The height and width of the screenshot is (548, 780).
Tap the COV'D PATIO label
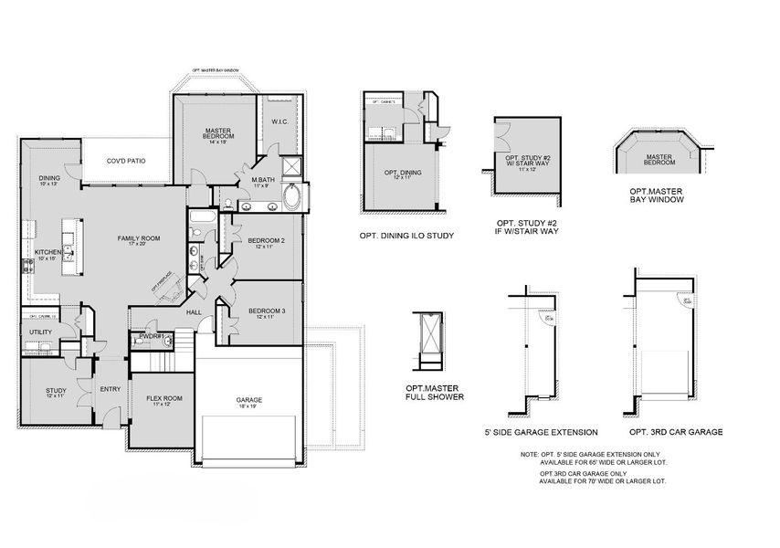(x=125, y=161)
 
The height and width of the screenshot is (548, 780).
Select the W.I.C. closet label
(x=280, y=121)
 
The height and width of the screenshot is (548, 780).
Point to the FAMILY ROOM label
(x=138, y=238)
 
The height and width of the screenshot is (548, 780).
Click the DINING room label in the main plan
(x=48, y=178)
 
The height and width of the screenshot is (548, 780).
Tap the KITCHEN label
(x=47, y=252)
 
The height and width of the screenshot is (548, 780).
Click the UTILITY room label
(x=40, y=332)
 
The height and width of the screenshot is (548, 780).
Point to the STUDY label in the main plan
(x=56, y=391)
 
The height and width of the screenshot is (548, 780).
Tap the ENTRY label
(x=110, y=389)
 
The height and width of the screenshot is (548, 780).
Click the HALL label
(x=194, y=312)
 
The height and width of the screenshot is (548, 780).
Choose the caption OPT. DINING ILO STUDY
(x=406, y=236)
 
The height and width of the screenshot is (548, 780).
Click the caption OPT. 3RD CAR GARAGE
(x=676, y=431)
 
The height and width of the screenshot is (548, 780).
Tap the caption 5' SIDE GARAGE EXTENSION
(x=541, y=431)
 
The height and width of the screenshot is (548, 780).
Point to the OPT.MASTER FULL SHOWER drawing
(x=427, y=339)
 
